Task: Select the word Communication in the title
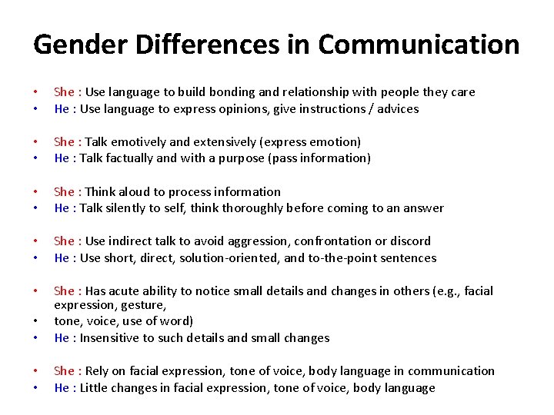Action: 419,45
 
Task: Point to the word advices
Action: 398,109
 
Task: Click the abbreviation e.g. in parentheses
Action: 450,291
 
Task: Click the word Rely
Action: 100,372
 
